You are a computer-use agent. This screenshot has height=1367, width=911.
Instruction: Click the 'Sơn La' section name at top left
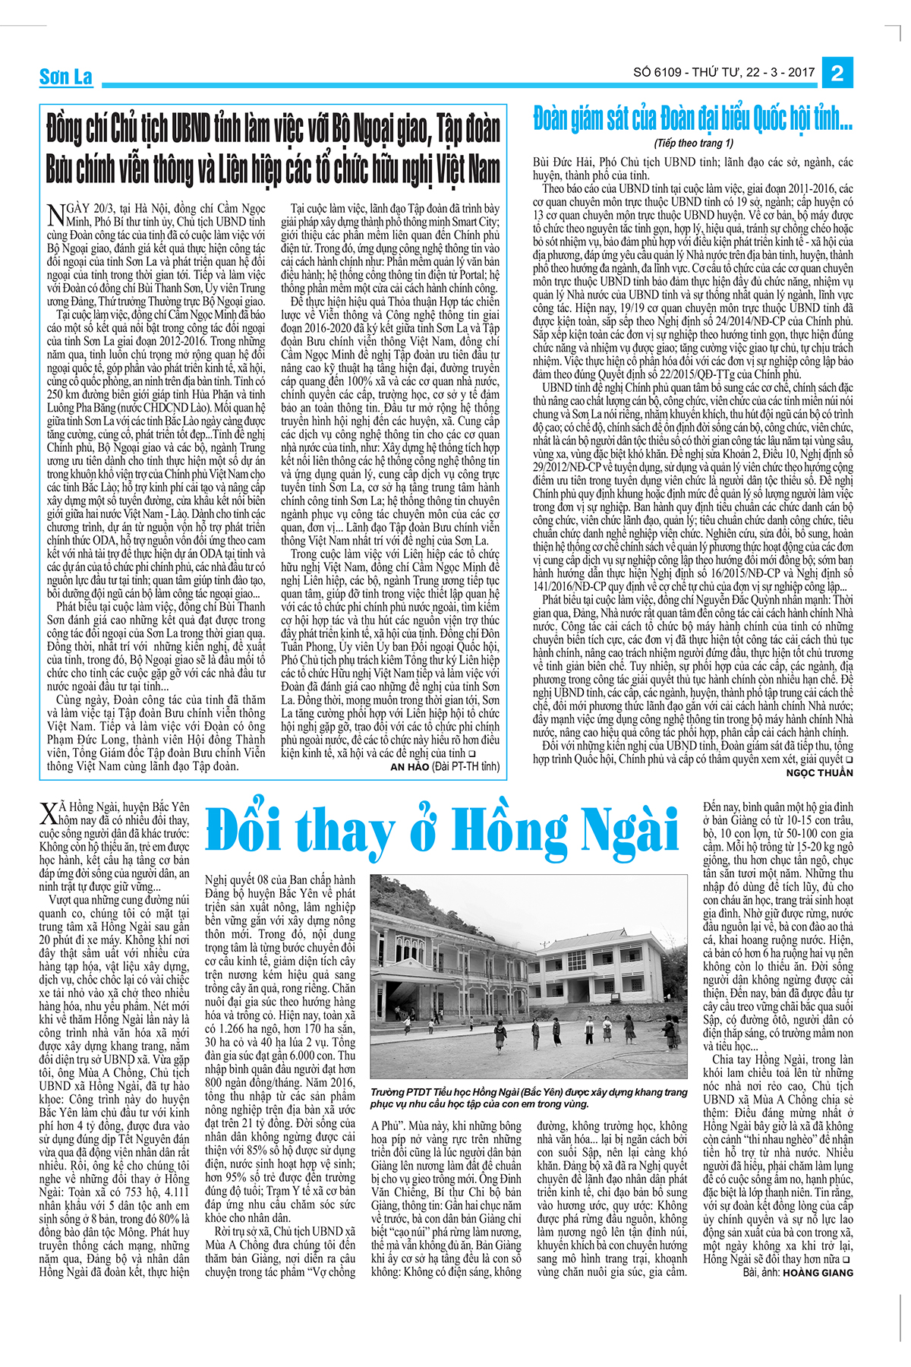[65, 77]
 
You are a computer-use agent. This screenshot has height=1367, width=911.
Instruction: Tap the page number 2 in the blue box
[838, 74]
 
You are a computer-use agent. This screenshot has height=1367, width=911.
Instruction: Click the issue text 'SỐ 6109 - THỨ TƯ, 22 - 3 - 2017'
[723, 73]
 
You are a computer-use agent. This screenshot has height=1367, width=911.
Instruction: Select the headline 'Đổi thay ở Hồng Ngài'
[443, 832]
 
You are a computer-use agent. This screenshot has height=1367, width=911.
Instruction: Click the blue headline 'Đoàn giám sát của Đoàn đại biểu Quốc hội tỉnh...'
[692, 118]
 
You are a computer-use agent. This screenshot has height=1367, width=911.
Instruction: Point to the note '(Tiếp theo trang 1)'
[693, 143]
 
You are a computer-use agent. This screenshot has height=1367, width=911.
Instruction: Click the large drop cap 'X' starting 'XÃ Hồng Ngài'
[48, 815]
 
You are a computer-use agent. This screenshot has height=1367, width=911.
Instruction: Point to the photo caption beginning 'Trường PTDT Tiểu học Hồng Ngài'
[528, 1097]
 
